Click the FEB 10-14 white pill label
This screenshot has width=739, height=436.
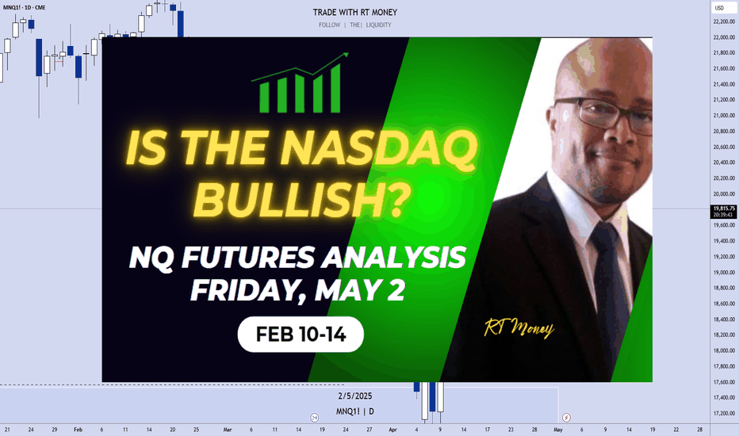[x=301, y=335]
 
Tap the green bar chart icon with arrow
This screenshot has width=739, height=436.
[x=301, y=83]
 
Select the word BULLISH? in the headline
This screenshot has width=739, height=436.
[x=301, y=200]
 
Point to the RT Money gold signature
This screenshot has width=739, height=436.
[x=519, y=327]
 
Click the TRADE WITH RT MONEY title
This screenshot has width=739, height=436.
[x=355, y=12]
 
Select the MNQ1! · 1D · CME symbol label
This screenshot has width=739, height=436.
[x=24, y=8]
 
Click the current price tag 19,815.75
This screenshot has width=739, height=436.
[x=724, y=211]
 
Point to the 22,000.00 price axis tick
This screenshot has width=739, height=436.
[x=724, y=37]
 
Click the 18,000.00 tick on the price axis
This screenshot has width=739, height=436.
[x=724, y=350]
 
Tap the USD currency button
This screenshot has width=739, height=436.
[x=719, y=8]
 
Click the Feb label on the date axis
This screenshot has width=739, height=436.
[x=78, y=430]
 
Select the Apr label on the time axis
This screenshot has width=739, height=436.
[x=393, y=430]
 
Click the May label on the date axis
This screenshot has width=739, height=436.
[x=558, y=430]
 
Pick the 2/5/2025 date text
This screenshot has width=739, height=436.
[x=355, y=396]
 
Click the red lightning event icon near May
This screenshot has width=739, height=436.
[x=566, y=418]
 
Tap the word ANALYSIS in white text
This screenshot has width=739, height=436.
[x=394, y=258]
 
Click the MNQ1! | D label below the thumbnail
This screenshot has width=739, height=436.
[x=355, y=411]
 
